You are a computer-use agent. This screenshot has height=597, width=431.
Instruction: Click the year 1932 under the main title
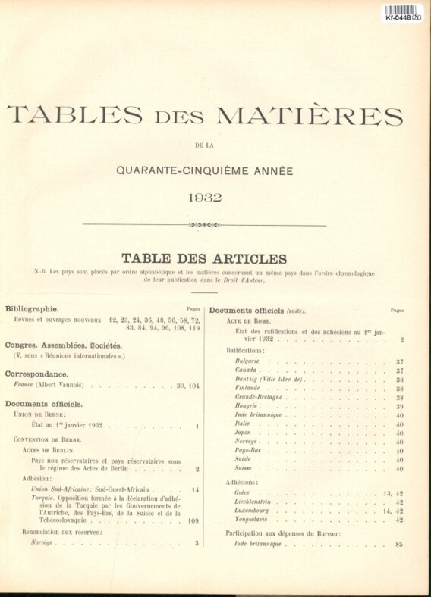tap(204, 198)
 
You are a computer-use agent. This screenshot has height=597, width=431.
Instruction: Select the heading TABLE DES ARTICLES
tap(204, 258)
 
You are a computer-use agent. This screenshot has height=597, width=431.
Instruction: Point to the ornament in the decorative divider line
tap(203, 224)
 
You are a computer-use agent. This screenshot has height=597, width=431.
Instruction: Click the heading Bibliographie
tap(32, 309)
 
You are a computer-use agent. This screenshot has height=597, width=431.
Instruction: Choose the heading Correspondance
tap(36, 374)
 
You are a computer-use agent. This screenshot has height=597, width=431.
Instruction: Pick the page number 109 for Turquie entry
tap(193, 521)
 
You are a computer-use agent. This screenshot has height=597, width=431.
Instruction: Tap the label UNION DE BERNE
tap(39, 414)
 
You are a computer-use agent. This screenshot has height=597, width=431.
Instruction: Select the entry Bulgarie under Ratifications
tap(247, 361)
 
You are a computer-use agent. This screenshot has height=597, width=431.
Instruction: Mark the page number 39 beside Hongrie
tap(399, 406)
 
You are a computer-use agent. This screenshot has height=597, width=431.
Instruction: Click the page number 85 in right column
tap(399, 544)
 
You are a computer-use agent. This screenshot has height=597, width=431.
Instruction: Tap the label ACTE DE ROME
tap(245, 321)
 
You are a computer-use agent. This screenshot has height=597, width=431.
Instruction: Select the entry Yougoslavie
tap(253, 520)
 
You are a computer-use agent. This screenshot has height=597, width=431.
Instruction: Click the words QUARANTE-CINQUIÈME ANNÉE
tap(204, 171)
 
